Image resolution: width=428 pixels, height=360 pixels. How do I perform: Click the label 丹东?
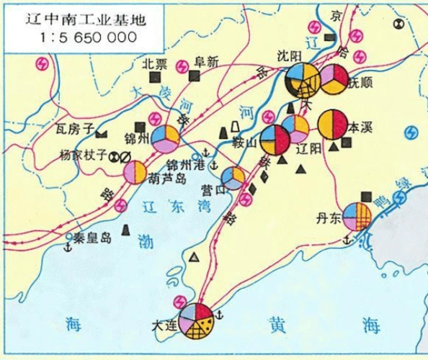(x=328, y=217)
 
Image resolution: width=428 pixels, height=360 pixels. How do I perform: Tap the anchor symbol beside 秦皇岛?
(x=68, y=248)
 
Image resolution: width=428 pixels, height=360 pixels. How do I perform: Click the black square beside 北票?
(x=153, y=78)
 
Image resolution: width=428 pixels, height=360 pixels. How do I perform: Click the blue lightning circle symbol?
(x=411, y=133)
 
